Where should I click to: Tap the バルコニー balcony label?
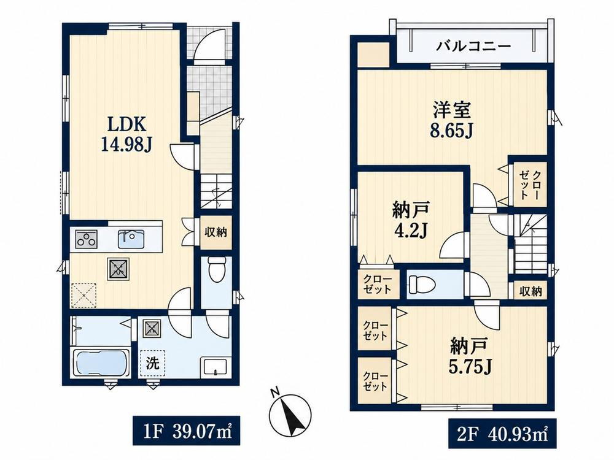(474, 47)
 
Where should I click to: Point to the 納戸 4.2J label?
(410, 220)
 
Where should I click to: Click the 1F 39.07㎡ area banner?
(186, 431)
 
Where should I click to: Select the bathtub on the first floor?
(102, 362)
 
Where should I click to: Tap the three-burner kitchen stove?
(86, 239)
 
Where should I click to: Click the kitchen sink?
(131, 239)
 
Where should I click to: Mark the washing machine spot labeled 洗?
(153, 363)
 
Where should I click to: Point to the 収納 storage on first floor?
(216, 232)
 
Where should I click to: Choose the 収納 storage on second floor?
(531, 291)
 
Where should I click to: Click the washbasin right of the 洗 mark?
(214, 366)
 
